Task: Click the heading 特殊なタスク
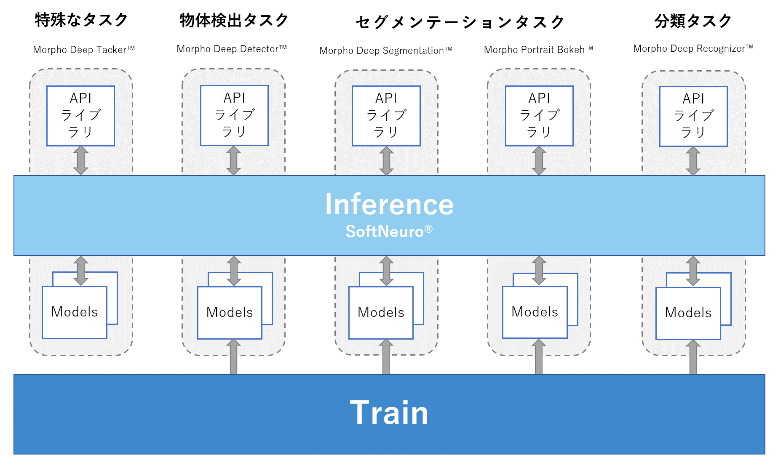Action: (x=81, y=20)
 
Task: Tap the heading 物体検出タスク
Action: (x=234, y=20)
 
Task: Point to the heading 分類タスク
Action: (x=693, y=21)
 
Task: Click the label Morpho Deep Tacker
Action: (x=84, y=50)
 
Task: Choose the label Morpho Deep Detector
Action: (x=232, y=49)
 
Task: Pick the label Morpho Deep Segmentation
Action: (x=386, y=50)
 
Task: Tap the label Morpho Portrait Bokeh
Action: (x=538, y=50)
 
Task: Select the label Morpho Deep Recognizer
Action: (x=693, y=48)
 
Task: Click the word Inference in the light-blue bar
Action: (x=389, y=205)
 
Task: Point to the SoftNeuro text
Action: (x=389, y=231)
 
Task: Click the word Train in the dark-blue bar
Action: (x=389, y=413)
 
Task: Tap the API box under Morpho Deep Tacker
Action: (x=80, y=116)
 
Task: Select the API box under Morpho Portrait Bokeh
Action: (x=539, y=116)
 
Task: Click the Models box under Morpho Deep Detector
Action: (x=230, y=313)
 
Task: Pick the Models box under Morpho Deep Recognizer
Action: (x=688, y=313)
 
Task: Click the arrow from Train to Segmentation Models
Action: (x=386, y=357)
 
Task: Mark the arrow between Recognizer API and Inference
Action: (x=693, y=161)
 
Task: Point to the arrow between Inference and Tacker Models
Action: (x=81, y=271)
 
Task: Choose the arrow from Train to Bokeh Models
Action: (x=539, y=356)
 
